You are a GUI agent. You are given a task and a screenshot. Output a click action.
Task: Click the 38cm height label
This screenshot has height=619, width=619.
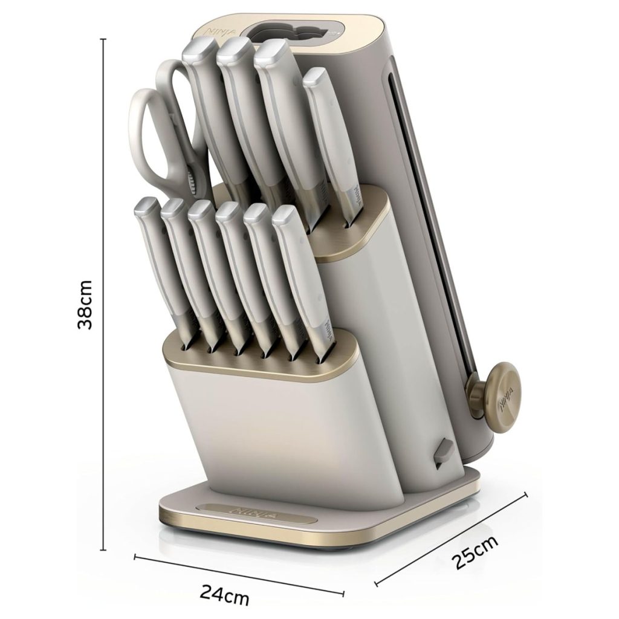[85, 305]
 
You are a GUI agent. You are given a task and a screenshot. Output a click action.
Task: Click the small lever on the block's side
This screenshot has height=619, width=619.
[443, 453]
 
